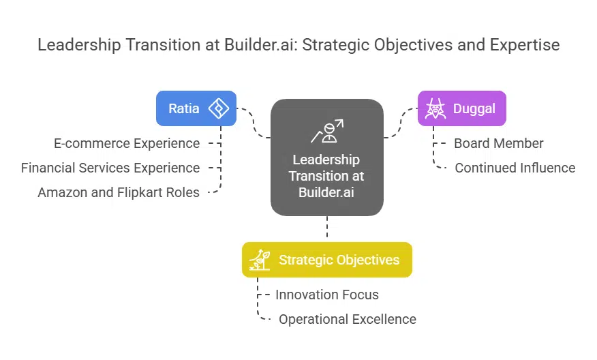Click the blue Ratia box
tap(196, 108)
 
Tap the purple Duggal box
tap(461, 108)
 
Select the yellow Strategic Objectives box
tap(327, 260)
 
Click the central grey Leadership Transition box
tap(327, 158)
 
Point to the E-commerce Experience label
tap(127, 143)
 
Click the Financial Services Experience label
tap(110, 168)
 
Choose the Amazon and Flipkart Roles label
tap(119, 192)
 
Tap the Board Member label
tap(499, 143)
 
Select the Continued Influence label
tap(515, 168)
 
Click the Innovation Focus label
tap(327, 295)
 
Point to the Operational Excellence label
tap(347, 319)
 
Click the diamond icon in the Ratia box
tap(218, 108)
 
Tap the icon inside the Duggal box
tap(434, 108)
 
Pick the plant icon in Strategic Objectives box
tap(260, 260)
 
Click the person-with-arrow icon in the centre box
tap(327, 130)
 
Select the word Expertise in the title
tap(525, 45)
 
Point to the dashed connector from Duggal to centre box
tap(401, 123)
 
